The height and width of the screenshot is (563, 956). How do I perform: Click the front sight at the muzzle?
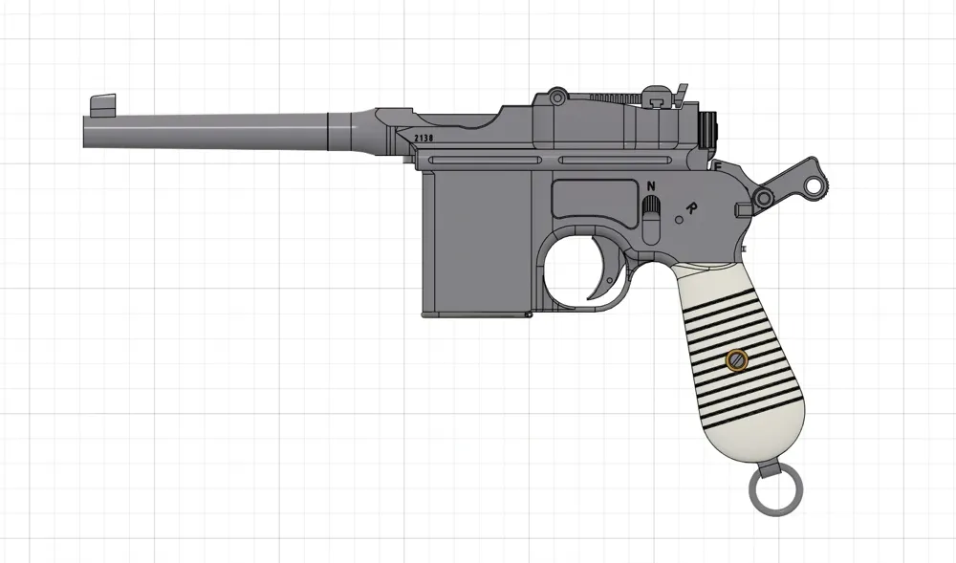coord(102,102)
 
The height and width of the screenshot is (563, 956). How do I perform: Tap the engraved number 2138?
coord(424,138)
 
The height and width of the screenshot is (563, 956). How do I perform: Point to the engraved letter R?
coord(691,206)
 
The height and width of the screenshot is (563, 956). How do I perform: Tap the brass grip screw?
coord(735,360)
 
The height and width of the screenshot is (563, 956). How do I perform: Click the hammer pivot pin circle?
coord(764,198)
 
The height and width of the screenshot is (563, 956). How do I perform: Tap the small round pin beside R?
coord(678,220)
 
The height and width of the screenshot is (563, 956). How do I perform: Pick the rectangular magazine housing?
coord(474,244)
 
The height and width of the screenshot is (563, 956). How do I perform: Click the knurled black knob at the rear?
coord(708,131)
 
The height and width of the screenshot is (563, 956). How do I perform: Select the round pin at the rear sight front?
coord(554,97)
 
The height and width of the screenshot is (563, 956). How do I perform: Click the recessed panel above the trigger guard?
coord(590,202)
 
